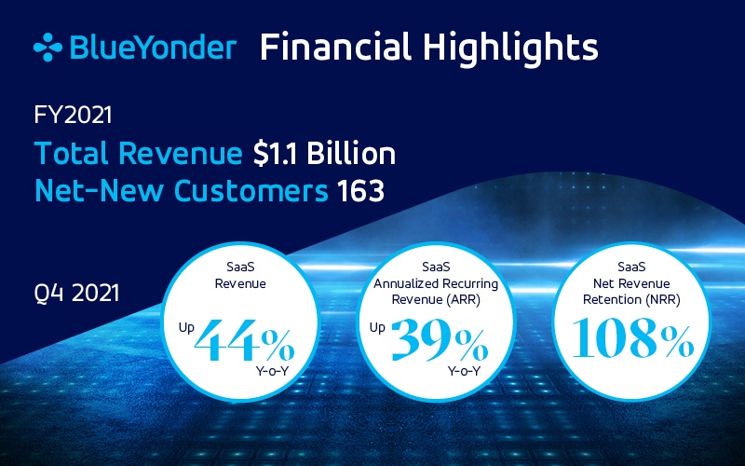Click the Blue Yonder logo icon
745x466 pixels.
(x=47, y=48)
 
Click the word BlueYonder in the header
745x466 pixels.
(x=153, y=48)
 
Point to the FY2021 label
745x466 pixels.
(x=73, y=115)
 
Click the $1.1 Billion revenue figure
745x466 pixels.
(x=324, y=154)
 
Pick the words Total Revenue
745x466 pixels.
(x=138, y=154)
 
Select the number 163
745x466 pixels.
(x=360, y=191)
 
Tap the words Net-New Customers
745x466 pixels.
(x=182, y=191)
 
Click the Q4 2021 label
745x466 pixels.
(x=76, y=293)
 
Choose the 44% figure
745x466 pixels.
(x=245, y=340)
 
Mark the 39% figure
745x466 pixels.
(x=440, y=340)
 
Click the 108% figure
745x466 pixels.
(x=633, y=337)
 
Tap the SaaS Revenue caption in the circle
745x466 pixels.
(x=240, y=275)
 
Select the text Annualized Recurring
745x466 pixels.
(x=436, y=284)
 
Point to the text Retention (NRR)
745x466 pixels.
(x=631, y=300)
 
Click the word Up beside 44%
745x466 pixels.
(x=186, y=328)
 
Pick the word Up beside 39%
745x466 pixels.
(x=377, y=328)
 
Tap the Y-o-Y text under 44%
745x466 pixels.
(x=272, y=371)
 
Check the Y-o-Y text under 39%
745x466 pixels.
(x=464, y=371)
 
